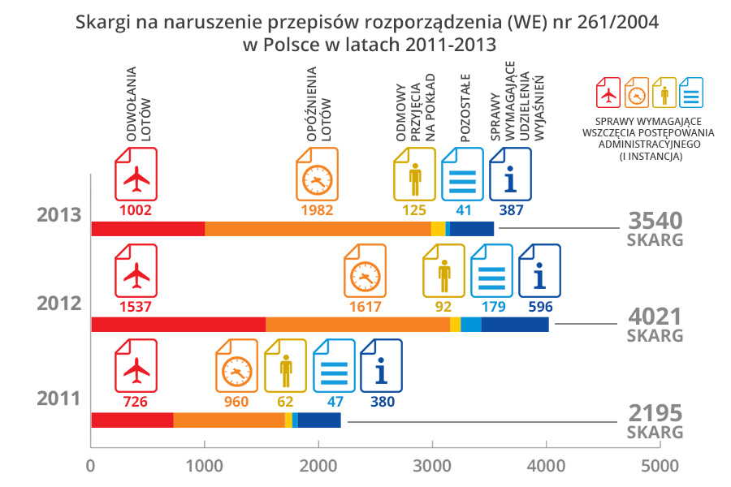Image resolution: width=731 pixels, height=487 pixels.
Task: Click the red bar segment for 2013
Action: [147, 229]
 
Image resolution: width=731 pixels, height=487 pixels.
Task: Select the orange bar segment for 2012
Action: [357, 325]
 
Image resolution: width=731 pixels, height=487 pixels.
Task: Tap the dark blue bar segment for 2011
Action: [319, 420]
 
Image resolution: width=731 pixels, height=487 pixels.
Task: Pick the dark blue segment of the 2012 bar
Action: [515, 325]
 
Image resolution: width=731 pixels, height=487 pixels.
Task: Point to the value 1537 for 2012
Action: [136, 307]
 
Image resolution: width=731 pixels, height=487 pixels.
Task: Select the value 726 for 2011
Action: [136, 401]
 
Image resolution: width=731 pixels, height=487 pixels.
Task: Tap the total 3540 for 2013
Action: [655, 221]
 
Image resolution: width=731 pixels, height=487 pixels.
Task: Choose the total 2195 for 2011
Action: [655, 412]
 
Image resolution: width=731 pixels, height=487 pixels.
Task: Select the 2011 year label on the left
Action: [58, 399]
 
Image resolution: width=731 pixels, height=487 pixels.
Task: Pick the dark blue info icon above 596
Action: [539, 274]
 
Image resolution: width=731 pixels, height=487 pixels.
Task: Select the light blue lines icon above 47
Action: [334, 370]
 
